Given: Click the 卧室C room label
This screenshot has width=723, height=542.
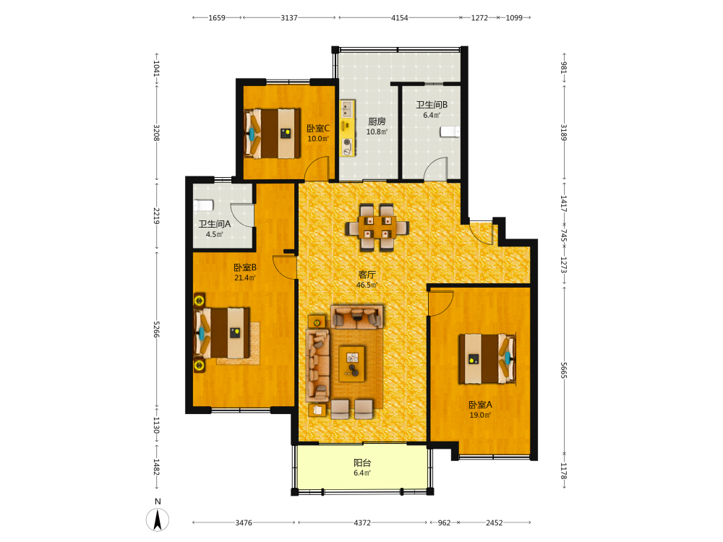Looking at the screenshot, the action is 318,128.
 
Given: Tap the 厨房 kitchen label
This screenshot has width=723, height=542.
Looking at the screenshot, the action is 377,121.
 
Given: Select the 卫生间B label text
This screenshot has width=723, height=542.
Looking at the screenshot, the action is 432,105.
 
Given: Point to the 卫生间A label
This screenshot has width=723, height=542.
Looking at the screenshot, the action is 215,224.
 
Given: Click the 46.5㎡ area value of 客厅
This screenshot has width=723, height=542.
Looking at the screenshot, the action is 367,285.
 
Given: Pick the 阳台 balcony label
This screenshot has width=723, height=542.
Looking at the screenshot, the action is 362,463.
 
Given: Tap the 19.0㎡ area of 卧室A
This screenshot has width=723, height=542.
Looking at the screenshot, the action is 481,415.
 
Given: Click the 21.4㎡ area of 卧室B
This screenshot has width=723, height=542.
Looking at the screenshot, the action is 245,278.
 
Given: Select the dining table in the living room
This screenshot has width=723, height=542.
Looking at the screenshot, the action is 377,227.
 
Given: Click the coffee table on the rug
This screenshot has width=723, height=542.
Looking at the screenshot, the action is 352,364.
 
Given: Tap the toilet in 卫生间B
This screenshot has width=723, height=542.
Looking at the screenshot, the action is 450,132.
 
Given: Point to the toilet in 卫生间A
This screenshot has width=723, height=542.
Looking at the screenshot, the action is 203,205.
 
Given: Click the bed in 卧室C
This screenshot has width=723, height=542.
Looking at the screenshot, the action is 272,133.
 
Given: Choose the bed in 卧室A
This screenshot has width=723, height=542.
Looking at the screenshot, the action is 487,358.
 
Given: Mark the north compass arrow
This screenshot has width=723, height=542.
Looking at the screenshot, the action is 158,520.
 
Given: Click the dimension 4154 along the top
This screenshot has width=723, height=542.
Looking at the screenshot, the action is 399,17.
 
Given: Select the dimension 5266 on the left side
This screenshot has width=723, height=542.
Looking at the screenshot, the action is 156,330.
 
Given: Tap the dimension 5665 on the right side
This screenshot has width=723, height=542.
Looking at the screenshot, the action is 563,370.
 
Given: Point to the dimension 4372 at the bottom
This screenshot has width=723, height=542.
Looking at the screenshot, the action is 362,522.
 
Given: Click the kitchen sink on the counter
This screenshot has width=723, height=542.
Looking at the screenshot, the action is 347,109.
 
